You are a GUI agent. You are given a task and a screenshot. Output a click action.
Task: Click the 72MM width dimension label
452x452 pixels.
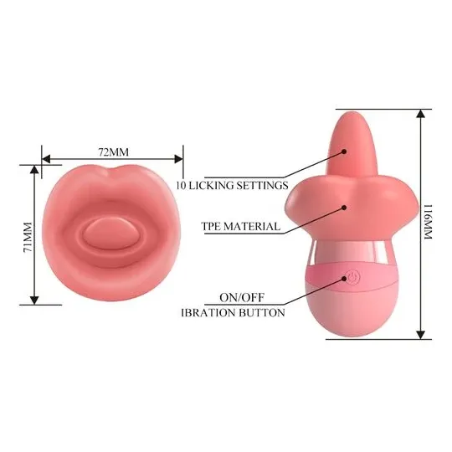pos(114,152)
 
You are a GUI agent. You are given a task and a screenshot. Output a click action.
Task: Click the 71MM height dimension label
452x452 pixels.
pos(28,237)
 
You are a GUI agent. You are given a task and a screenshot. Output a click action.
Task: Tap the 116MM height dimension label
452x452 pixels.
pos(428,222)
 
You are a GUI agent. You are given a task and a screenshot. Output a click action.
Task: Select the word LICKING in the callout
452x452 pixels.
pos(211,185)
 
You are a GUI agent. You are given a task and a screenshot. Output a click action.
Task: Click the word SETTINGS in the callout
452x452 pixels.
pos(262,185)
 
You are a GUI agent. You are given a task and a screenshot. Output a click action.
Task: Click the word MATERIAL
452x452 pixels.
pos(252,226)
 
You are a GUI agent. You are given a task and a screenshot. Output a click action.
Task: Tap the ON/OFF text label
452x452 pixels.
pos(242,297)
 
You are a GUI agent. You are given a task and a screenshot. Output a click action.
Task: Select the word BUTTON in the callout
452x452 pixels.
pos(262,312)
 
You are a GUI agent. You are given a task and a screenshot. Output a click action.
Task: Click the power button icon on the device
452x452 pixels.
pos(353,278)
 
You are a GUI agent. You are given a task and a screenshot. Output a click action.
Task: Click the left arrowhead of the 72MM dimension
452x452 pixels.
pos(46,159)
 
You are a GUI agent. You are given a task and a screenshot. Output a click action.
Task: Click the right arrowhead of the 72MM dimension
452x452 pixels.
pos(178,159)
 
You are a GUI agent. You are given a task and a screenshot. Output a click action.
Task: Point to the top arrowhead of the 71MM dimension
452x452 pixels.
pos(34,169)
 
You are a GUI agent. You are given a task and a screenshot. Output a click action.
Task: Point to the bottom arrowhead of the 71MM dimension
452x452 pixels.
pos(34,300)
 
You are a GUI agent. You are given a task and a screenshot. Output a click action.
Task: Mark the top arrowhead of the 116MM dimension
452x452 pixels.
pos(421,114)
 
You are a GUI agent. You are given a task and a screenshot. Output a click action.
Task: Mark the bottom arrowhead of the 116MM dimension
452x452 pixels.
pos(421,335)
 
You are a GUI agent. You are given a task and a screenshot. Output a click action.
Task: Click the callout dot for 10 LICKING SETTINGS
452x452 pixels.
pos(344,151)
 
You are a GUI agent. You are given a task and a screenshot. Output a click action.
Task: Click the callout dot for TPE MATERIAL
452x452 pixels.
pos(344,208)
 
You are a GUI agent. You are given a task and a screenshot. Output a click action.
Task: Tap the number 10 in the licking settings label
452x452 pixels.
pos(181,185)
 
